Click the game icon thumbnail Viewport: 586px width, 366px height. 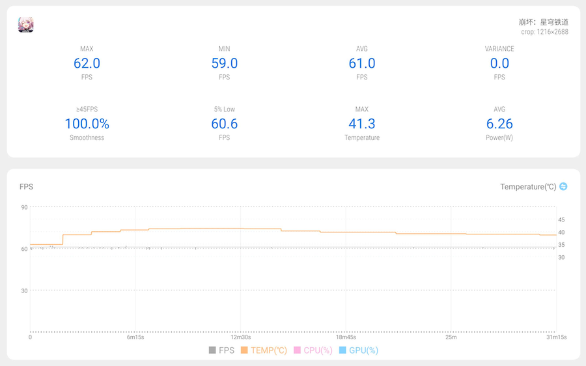click(x=25, y=25)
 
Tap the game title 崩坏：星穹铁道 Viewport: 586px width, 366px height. click(x=544, y=21)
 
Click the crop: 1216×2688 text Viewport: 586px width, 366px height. click(x=544, y=31)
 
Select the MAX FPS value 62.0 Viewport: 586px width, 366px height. click(x=87, y=63)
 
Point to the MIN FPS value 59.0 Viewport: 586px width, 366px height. click(x=225, y=63)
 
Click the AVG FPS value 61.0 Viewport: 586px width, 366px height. click(x=362, y=63)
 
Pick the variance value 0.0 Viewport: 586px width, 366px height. click(x=499, y=63)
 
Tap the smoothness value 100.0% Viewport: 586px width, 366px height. click(x=87, y=124)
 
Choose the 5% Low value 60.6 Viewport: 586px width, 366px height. click(x=225, y=124)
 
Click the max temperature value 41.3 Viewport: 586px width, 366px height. click(x=362, y=124)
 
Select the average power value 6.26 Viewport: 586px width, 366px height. click(x=499, y=124)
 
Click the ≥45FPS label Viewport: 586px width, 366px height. click(x=87, y=109)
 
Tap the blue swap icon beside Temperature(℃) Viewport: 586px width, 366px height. click(x=563, y=186)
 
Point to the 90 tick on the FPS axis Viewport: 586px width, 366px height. click(x=24, y=207)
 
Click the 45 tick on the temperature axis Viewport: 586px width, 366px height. click(x=561, y=220)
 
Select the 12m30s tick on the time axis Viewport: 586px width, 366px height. click(x=240, y=337)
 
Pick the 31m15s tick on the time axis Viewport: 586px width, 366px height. click(x=556, y=337)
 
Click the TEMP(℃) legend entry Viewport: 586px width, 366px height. click(x=264, y=350)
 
